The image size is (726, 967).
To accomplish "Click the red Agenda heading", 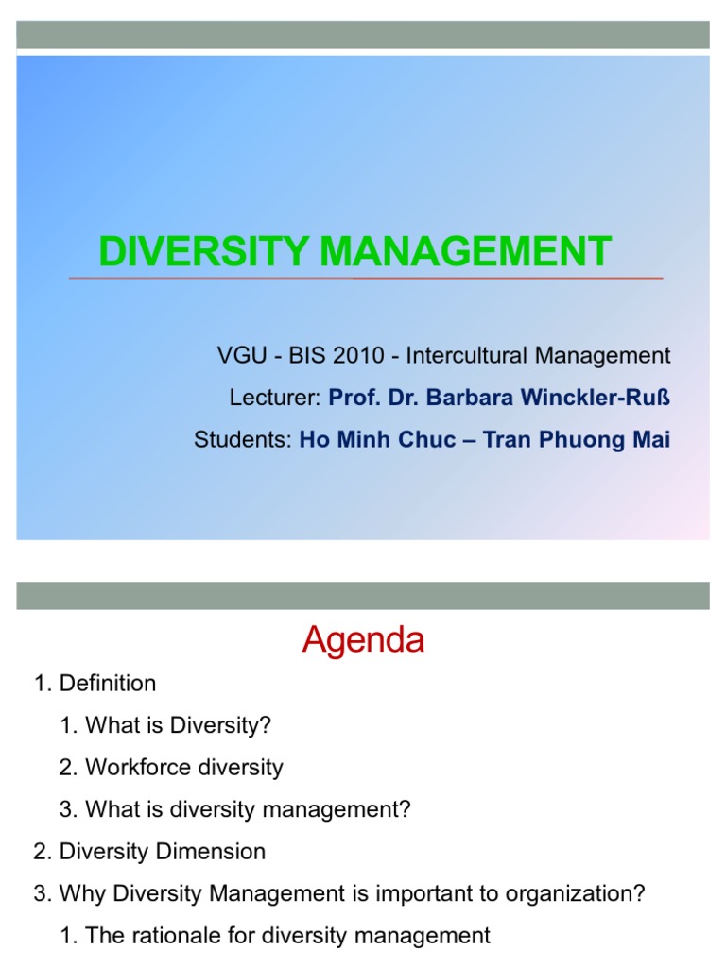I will click(363, 641).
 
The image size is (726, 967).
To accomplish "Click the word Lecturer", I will click(274, 399).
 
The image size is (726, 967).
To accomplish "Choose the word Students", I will click(241, 440).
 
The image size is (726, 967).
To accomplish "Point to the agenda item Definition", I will click(108, 683).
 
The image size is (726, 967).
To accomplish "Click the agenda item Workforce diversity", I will click(183, 767).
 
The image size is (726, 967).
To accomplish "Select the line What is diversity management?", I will click(248, 809).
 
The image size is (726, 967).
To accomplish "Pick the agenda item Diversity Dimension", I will click(163, 851).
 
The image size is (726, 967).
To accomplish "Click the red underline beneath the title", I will click(366, 279).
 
